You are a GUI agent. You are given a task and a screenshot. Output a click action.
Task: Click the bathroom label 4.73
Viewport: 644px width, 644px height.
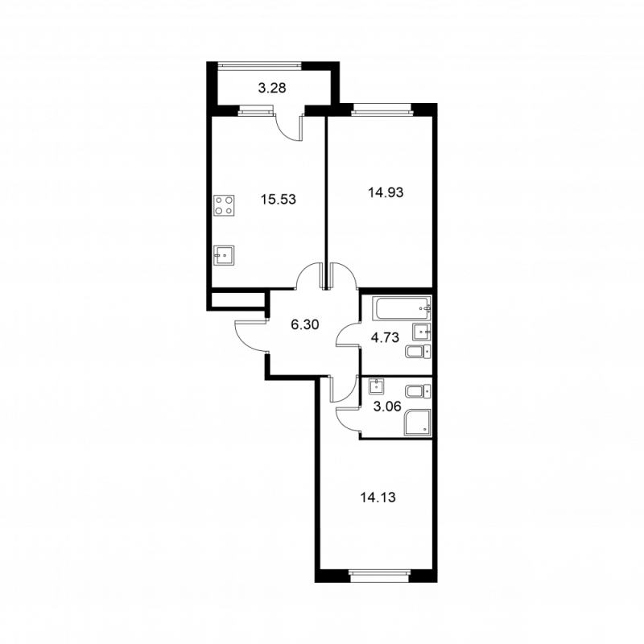pos(385,338)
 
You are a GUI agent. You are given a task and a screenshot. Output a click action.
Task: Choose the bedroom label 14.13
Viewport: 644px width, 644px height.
pos(378,497)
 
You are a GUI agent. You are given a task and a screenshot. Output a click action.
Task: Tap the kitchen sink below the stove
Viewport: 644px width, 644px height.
pos(225,254)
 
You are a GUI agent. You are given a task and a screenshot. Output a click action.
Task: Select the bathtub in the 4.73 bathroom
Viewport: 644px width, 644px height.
pos(400,308)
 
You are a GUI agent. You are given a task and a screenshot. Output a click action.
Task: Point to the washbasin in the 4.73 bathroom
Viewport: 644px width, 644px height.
pos(422,331)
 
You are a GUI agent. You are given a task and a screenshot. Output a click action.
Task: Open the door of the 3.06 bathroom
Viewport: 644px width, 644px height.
pos(348,419)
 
